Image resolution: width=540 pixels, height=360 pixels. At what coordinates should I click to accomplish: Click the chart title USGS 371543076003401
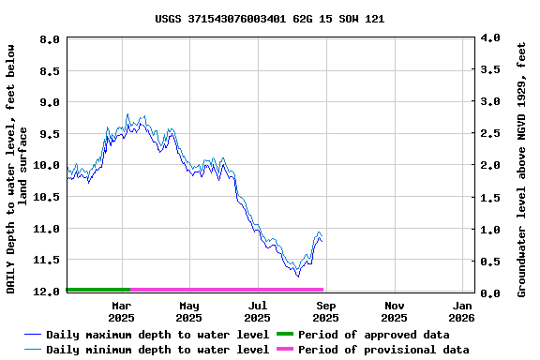pos(269,19)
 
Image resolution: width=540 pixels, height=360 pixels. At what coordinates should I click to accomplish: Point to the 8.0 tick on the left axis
pos(51,39)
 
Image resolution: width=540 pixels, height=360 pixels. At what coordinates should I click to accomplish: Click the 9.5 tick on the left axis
pos(51,134)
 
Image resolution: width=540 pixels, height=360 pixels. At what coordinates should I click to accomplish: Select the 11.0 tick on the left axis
pos(47,229)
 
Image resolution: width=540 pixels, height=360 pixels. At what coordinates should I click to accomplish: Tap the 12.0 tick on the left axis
pos(47,292)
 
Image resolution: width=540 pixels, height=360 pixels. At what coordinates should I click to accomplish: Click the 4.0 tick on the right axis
pos(489,38)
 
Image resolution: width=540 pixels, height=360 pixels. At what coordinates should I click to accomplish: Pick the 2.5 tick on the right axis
pos(489,134)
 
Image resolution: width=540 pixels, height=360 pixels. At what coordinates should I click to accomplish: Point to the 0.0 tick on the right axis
pos(489,293)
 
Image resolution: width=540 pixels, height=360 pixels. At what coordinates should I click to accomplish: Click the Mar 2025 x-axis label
pos(121,311)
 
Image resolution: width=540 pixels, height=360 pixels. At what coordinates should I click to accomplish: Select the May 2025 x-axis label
pos(189,311)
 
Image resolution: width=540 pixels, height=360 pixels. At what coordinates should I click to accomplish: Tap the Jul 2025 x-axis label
pos(258,311)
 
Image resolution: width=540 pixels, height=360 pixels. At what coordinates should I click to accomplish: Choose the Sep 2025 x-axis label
pos(326,311)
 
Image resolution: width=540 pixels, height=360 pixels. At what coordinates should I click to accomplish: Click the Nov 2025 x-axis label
pos(395,311)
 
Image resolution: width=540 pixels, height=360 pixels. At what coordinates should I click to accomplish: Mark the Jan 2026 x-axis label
pos(463,311)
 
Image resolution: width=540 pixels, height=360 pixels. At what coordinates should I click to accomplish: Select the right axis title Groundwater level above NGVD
pos(521,167)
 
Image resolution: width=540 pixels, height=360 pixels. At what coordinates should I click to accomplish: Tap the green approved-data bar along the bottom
pos(98,290)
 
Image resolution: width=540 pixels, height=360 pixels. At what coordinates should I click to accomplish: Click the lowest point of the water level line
pos(298,276)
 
